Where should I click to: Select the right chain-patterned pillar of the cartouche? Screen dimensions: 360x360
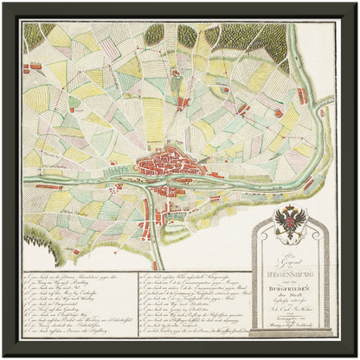click(x=325, y=277)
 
